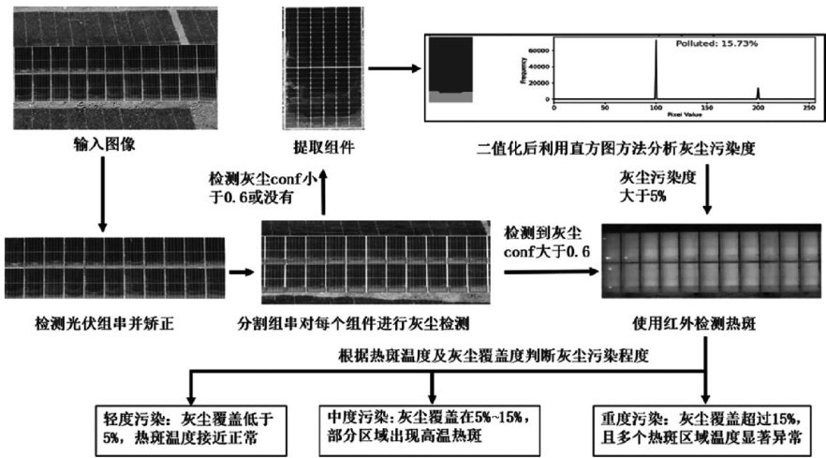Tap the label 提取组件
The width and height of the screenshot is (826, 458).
(x=320, y=147)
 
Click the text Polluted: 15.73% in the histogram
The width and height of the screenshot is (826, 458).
(x=711, y=42)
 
